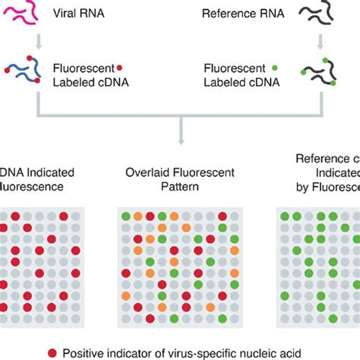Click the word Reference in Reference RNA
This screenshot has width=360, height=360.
pos(226,14)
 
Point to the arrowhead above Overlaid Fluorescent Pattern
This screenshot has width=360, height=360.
pos(180,139)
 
